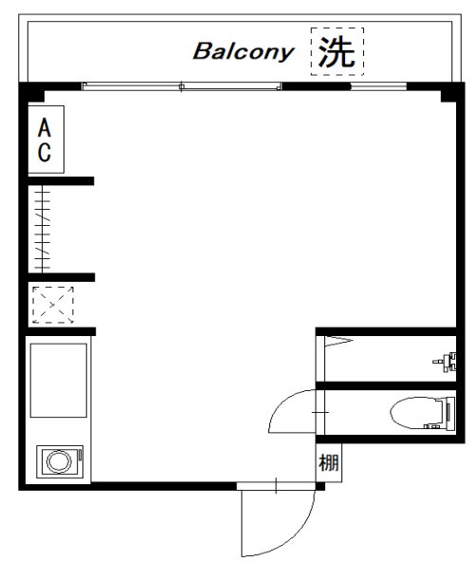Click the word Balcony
point(244,52)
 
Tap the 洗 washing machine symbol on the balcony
point(338,51)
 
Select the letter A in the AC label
point(45,128)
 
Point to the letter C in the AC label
point(45,152)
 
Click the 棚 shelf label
point(328,462)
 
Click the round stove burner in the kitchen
point(59,461)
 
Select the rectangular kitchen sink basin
point(59,381)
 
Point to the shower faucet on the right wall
point(446,362)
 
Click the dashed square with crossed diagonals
point(53,305)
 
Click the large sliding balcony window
point(181,86)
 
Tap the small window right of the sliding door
point(378,86)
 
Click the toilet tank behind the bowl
point(449,412)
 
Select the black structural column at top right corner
point(449,95)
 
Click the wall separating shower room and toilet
point(386,385)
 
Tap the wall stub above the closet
point(61,181)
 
